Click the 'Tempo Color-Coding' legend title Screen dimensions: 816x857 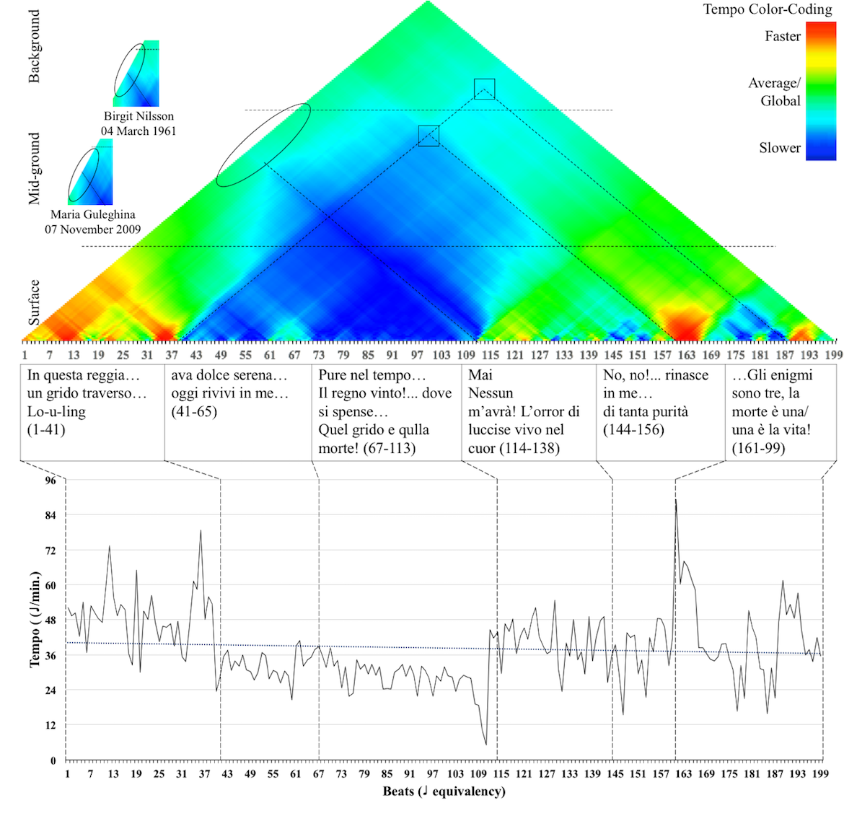[768, 9]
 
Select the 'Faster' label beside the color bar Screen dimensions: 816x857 [782, 36]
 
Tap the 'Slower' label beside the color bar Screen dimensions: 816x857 [779, 148]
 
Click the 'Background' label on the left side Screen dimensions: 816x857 [34, 47]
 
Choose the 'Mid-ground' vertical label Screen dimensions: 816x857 [34, 168]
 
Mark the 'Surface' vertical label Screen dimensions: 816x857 [34, 302]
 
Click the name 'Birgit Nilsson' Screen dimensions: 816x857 [139, 116]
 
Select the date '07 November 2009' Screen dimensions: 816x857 [93, 229]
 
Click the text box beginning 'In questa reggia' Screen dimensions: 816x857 [92, 412]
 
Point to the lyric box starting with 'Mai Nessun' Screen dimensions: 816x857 [528, 412]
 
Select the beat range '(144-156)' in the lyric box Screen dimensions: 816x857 [633, 430]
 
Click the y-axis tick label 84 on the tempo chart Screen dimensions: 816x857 [50, 515]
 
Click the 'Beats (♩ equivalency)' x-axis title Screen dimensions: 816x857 [444, 791]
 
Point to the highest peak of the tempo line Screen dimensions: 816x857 [675, 499]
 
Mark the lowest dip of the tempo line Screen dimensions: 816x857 [486, 744]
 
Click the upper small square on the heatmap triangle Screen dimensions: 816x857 [485, 88]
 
